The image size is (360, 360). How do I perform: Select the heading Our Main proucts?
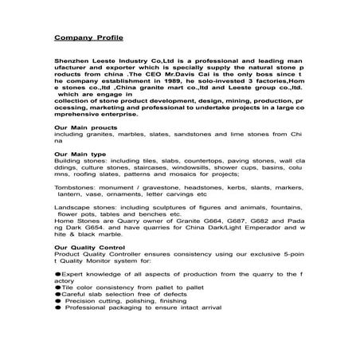[x=87, y=128]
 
